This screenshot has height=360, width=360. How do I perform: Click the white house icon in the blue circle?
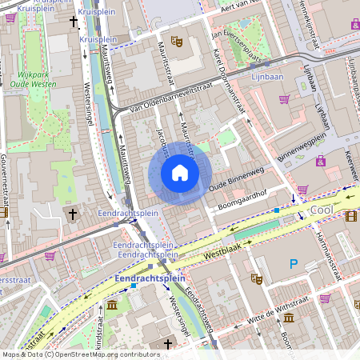[180, 172]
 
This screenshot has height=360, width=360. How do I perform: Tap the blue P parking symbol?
[294, 263]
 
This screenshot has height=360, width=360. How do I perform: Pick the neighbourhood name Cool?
[321, 209]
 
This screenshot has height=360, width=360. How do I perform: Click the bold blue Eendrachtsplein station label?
[150, 278]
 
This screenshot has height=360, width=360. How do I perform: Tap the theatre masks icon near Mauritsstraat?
[176, 40]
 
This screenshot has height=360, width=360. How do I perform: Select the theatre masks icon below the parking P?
[256, 278]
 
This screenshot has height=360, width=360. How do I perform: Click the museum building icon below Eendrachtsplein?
[111, 306]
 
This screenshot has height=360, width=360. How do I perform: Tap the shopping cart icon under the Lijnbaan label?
[284, 99]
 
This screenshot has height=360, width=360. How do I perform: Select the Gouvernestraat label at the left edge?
[5, 184]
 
